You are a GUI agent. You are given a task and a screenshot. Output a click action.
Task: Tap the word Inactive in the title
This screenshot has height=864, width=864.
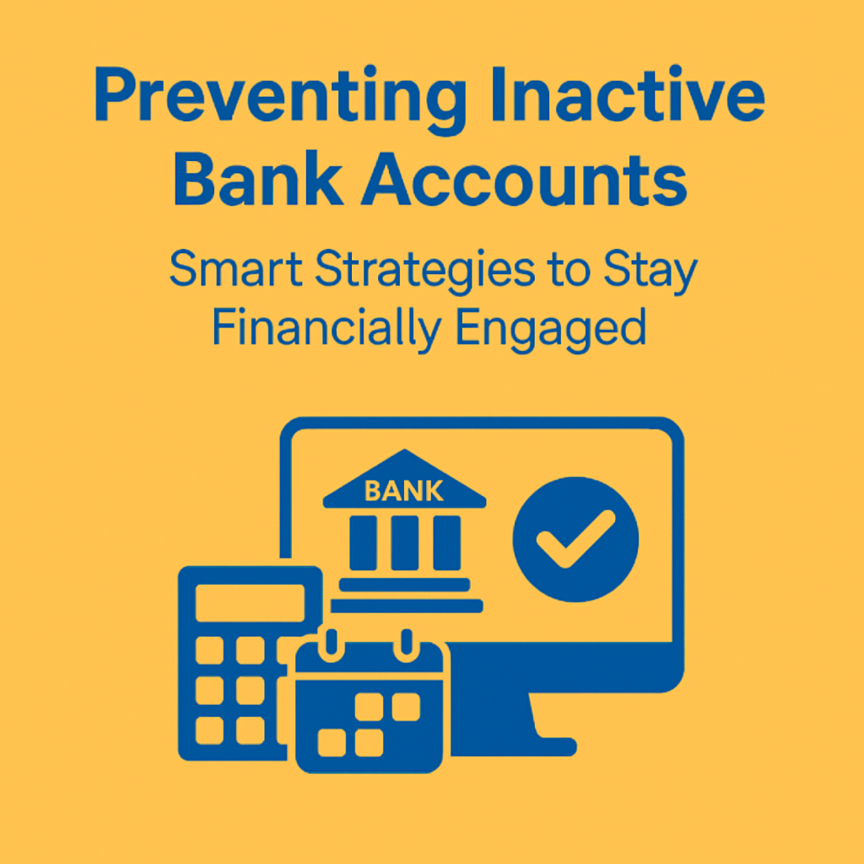pos(628,94)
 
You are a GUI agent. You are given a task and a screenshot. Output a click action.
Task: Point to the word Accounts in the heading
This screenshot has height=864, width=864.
pos(524,179)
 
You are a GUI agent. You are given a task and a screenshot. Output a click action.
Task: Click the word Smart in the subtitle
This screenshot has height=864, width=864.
pos(236,268)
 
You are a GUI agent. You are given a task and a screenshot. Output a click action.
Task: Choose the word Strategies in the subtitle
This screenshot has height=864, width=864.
pos(425,271)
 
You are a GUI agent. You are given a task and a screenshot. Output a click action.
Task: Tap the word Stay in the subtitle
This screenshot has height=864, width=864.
pos(651,271)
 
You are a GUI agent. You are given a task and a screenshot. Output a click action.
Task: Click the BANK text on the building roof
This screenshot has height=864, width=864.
pos(404,490)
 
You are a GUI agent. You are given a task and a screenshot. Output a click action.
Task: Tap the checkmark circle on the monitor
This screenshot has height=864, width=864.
pos(575,539)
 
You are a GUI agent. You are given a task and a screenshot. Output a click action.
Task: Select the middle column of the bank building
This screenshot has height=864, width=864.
pos(405,543)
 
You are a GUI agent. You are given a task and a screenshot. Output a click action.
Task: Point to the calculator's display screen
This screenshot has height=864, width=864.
pos(250,602)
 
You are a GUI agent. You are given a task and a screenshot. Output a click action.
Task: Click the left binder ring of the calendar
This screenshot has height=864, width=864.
pos(331,645)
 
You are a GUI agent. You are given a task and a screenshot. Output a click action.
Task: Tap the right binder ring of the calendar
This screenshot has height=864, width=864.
pos(407,645)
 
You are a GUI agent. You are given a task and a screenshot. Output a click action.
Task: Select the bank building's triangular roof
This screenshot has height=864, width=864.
pos(404,478)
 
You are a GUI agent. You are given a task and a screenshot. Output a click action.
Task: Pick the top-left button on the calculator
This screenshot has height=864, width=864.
pos(209,651)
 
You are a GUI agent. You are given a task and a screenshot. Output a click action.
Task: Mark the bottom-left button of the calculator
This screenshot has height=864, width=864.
pos(209,731)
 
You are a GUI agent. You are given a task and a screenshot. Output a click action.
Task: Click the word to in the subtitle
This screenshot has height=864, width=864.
pos(569,270)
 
